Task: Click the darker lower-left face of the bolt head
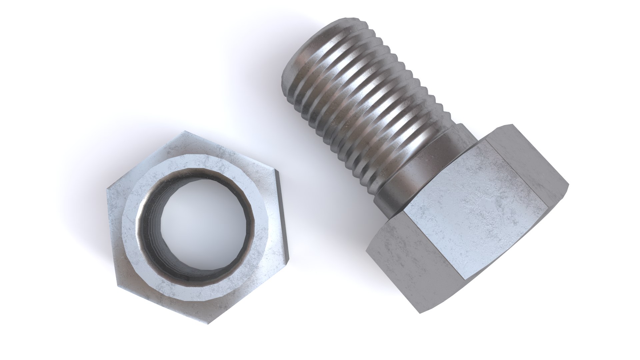[x=413, y=263]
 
